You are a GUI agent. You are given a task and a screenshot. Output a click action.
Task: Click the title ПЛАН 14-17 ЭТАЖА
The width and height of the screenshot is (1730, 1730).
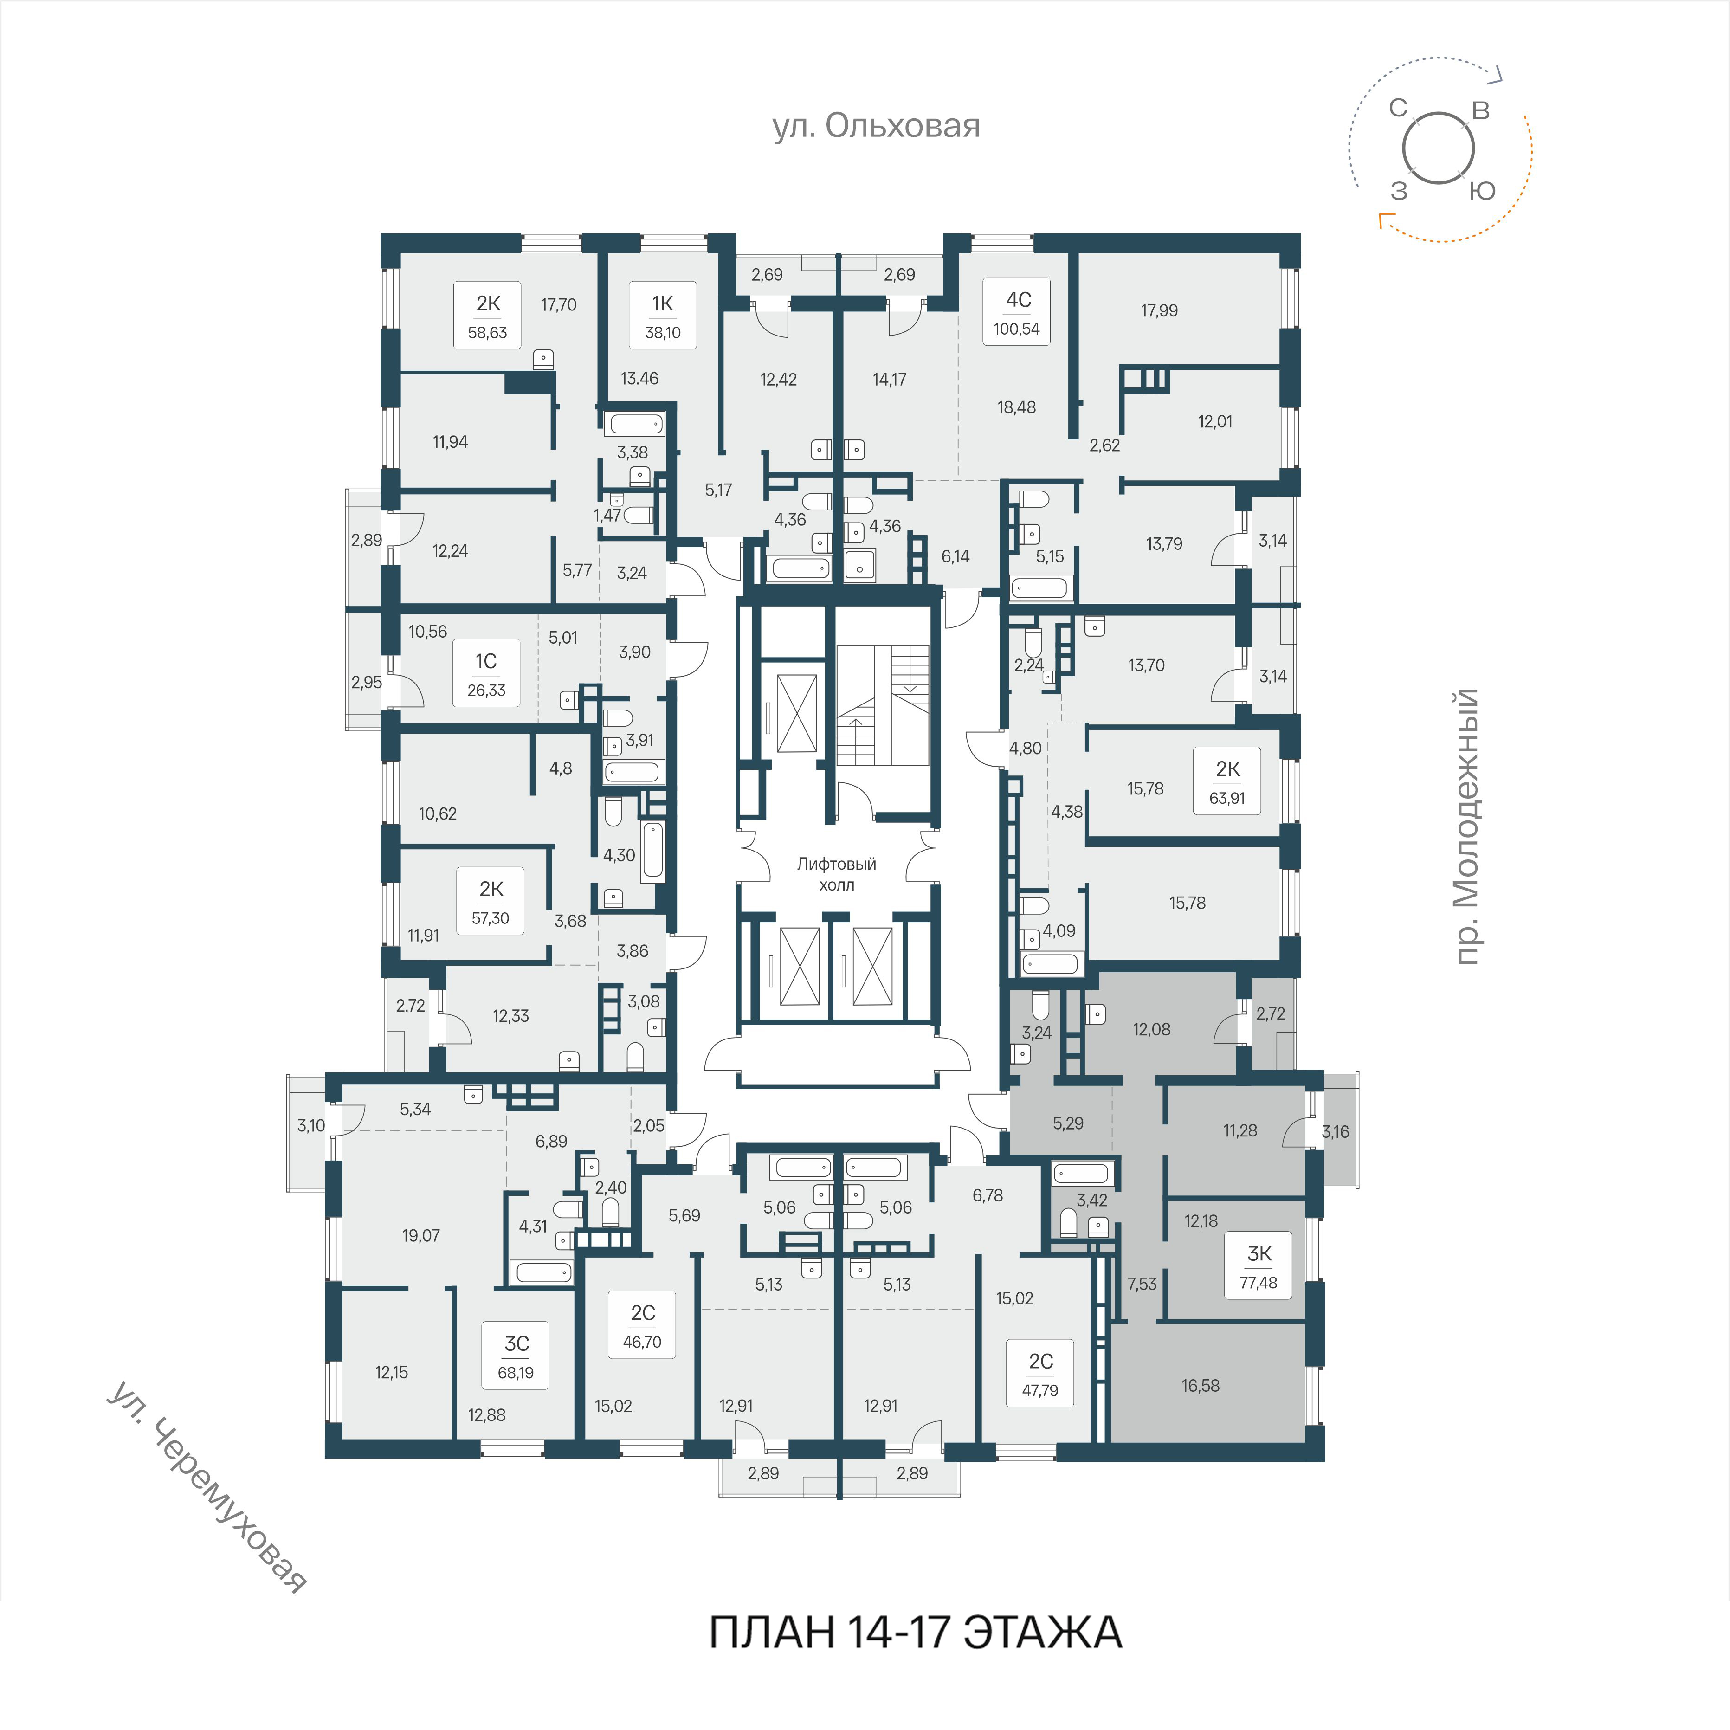click(x=915, y=1632)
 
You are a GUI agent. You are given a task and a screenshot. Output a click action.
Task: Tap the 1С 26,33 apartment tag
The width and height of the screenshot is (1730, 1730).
click(x=486, y=673)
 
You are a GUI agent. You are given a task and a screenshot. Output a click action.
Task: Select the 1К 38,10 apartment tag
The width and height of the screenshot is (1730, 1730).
click(x=663, y=315)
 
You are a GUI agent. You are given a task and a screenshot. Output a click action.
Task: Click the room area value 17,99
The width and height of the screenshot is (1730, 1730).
click(x=1160, y=311)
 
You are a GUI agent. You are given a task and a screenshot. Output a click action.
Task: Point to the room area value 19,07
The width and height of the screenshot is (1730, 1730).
click(x=421, y=1236)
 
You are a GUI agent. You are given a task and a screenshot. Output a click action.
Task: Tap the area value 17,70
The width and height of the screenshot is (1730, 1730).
click(x=559, y=304)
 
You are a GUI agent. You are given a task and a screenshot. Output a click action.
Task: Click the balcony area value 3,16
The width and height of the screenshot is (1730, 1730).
click(x=1335, y=1132)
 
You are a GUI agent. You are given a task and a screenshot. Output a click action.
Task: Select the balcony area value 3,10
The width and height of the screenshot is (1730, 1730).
click(x=312, y=1126)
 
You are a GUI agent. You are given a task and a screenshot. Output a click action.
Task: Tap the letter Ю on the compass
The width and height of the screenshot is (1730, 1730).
click(x=1483, y=191)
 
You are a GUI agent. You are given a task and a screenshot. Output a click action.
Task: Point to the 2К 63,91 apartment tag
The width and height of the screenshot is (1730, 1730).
click(x=1227, y=781)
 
